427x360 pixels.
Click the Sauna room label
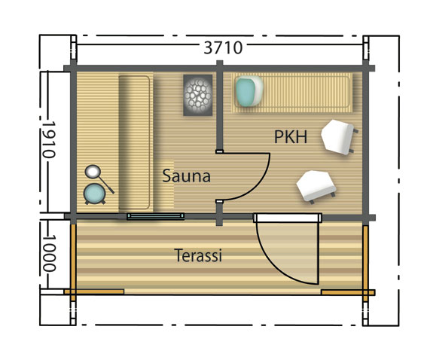pyautogui.click(x=186, y=176)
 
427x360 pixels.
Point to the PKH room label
pyautogui.click(x=291, y=137)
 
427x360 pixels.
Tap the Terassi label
pyautogui.click(x=198, y=256)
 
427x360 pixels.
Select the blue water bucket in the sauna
pyautogui.click(x=95, y=194)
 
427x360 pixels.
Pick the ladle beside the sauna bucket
pyautogui.click(x=97, y=175)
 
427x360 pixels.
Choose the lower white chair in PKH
pyautogui.click(x=315, y=185)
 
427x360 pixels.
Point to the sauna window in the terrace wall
pyautogui.click(x=155, y=216)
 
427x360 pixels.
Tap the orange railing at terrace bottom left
pyautogui.click(x=93, y=291)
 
